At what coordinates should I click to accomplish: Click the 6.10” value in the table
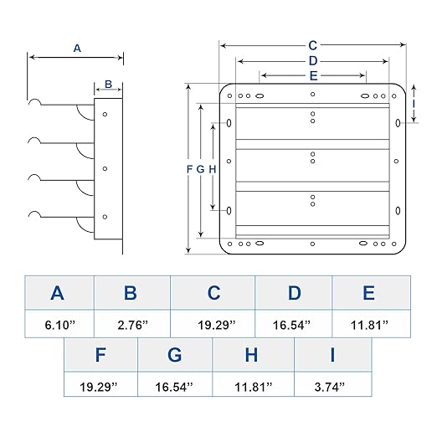[60, 325]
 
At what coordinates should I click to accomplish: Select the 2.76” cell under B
[132, 325]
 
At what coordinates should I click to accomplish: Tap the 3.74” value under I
[330, 387]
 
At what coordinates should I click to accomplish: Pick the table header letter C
[213, 293]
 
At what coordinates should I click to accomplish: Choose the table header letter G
[174, 355]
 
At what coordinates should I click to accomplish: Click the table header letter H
[251, 355]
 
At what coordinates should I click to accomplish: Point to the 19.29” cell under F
[99, 387]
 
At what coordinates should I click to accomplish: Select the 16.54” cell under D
[291, 325]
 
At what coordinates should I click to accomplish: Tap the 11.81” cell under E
[369, 325]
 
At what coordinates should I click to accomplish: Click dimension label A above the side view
[77, 49]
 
